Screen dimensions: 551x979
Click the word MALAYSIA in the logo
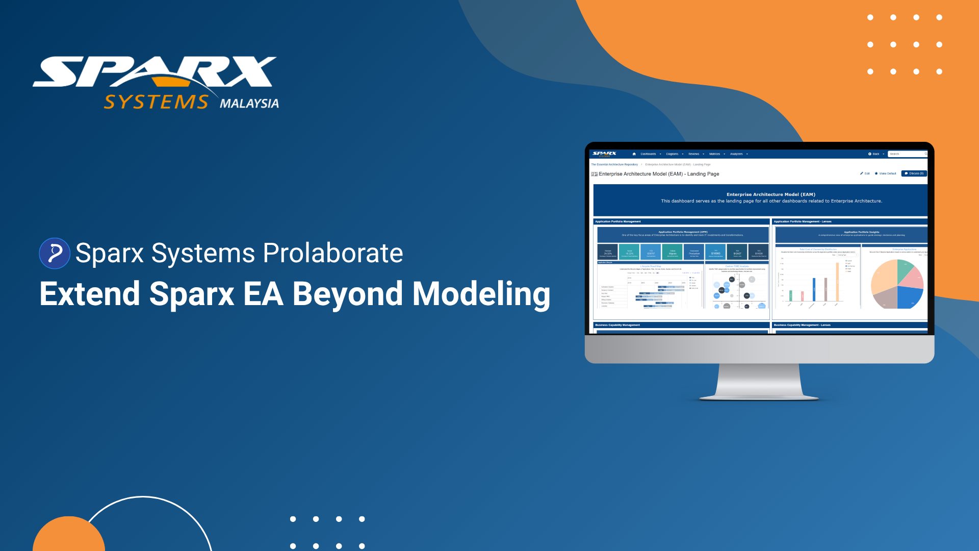249,104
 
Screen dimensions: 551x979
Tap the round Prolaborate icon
55,253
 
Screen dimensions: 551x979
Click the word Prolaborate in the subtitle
333,253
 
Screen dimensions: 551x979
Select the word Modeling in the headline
481,294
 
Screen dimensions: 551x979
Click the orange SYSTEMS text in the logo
156,102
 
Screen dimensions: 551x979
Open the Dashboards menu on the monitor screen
649,154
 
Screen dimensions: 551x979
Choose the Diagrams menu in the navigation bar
673,154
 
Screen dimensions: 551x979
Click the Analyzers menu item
737,154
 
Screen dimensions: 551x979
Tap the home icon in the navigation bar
634,154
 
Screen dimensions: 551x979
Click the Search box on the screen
907,154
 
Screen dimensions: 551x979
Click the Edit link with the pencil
865,173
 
